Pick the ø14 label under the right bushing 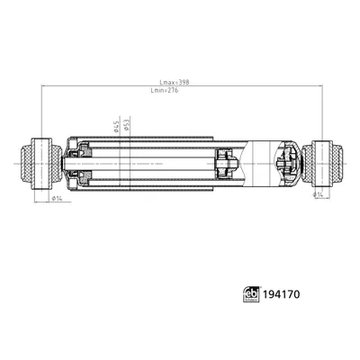point(317,193)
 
